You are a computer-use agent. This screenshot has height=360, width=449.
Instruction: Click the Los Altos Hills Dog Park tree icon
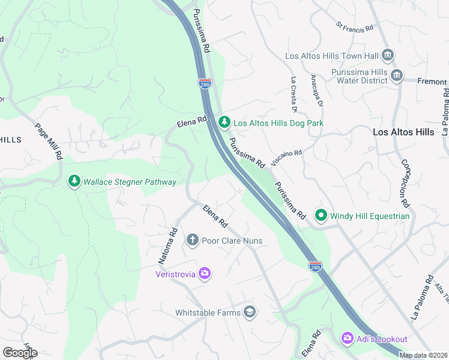tap(224, 122)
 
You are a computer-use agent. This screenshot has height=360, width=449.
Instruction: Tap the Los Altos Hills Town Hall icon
tap(387, 56)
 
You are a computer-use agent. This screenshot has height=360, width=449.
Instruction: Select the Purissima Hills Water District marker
tap(397, 76)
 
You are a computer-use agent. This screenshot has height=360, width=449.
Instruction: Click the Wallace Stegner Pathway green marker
tap(74, 181)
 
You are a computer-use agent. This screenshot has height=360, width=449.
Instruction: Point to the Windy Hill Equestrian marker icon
tap(321, 215)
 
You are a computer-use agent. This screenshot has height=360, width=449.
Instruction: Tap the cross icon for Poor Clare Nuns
tap(193, 241)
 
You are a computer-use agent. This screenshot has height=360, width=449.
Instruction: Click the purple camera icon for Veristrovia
tap(205, 274)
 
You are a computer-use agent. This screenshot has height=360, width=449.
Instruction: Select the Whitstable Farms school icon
tap(250, 312)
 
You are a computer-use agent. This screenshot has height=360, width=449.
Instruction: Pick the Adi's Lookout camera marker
tap(347, 339)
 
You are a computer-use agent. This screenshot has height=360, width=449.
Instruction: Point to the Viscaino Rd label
tap(286, 158)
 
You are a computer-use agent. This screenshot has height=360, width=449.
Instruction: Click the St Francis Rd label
tap(355, 28)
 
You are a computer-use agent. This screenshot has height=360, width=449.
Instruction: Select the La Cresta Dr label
tap(294, 94)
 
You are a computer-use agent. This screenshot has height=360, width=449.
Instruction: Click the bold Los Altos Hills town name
tap(403, 131)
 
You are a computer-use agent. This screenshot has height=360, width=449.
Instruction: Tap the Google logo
tap(20, 352)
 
